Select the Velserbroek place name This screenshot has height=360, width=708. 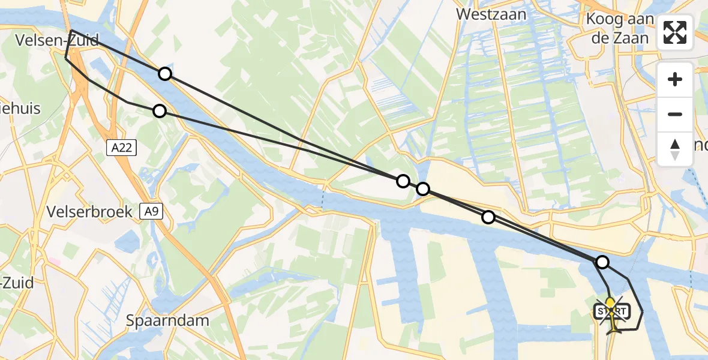91,212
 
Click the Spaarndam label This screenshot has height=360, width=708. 167,320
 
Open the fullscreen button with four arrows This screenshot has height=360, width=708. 675,32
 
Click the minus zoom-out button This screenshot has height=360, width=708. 675,114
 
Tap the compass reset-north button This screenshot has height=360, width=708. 675,149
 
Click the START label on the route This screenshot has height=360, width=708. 612,311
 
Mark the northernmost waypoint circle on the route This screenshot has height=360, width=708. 165,74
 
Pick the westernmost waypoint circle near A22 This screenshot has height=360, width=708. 160,111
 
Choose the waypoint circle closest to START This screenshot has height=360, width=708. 602,262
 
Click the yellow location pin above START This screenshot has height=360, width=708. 610,302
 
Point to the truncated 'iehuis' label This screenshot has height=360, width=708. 20,108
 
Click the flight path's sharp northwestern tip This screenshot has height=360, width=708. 71,30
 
